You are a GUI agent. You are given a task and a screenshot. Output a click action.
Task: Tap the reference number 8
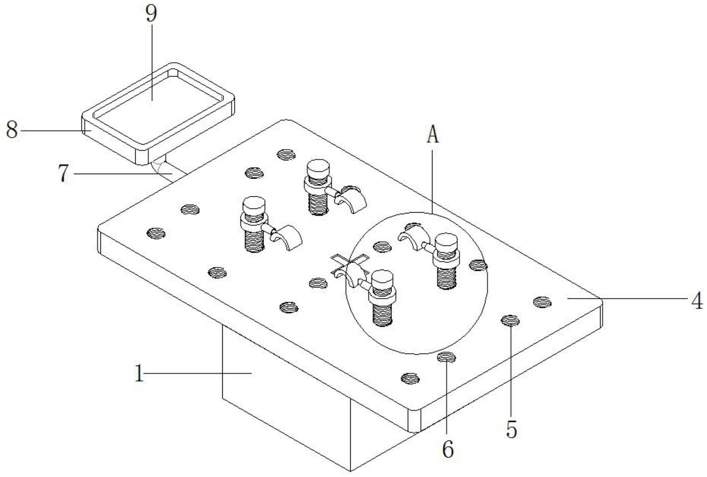(x=12, y=131)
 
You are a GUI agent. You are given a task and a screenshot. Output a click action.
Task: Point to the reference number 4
(x=696, y=301)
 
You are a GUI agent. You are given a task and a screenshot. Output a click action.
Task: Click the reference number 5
(x=511, y=430)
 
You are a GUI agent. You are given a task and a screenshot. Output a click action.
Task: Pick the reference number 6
(x=447, y=449)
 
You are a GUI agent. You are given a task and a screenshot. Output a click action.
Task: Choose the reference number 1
(x=139, y=374)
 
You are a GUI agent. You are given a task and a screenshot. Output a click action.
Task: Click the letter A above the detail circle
(x=432, y=135)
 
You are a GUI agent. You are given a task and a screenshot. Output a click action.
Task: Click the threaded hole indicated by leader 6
(x=447, y=358)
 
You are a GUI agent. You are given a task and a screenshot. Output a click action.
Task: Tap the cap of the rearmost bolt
(x=318, y=167)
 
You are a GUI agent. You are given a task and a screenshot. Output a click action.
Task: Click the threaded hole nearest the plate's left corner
(x=156, y=234)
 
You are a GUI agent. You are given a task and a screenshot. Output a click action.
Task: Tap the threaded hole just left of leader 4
(x=542, y=302)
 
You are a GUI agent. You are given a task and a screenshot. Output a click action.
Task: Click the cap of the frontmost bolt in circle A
(x=382, y=278)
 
